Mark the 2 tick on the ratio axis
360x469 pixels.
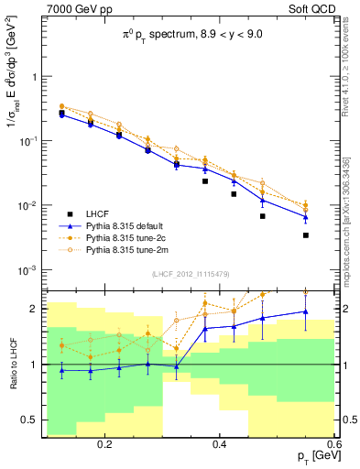[x=32, y=309]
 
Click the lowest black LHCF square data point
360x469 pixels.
[x=306, y=235]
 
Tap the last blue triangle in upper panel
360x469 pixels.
[x=306, y=217]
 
